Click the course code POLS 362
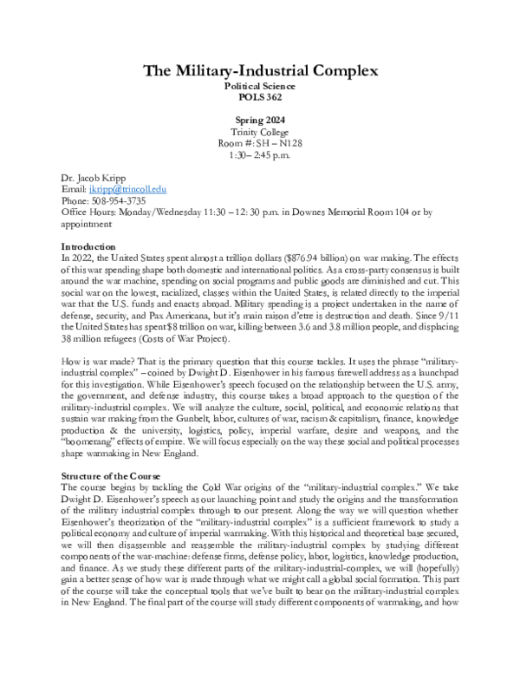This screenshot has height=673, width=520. (x=260, y=98)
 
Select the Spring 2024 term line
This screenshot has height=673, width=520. (x=260, y=120)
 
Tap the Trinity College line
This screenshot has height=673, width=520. (x=260, y=132)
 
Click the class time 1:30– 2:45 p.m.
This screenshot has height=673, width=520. (x=260, y=156)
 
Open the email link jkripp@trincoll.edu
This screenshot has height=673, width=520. (x=129, y=188)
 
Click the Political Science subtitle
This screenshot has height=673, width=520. (x=260, y=87)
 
